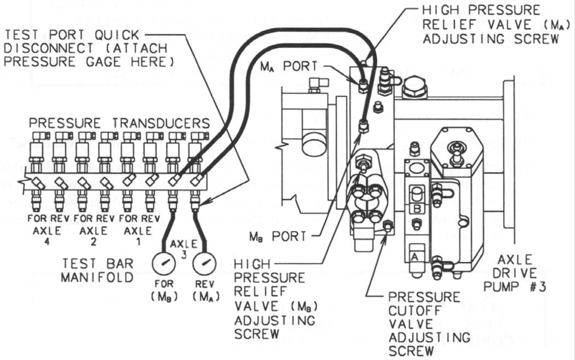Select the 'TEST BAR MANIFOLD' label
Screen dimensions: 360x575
96,271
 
